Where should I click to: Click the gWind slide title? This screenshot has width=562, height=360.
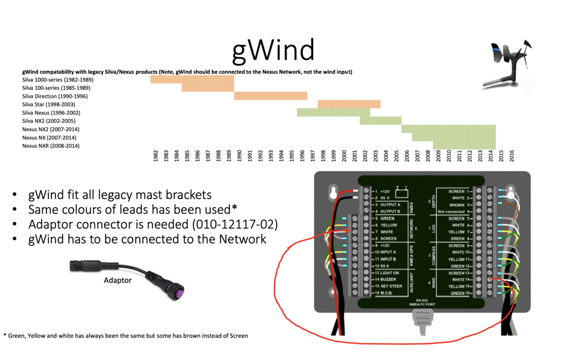point(273,50)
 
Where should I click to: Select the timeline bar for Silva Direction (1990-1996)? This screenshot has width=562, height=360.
point(271,96)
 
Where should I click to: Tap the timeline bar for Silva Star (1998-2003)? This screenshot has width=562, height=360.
point(349,104)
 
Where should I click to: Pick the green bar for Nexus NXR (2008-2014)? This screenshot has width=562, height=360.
point(464,145)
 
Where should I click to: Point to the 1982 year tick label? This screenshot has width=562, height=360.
point(156,156)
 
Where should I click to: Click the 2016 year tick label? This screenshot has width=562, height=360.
point(512,156)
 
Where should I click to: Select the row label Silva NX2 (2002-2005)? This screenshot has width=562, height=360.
point(49,121)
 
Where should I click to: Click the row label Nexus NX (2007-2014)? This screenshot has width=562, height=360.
point(49,138)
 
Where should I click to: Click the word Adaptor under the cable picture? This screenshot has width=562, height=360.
point(118,280)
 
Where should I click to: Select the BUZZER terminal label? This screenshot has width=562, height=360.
point(387,279)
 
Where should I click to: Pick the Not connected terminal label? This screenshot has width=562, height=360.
point(452,211)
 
